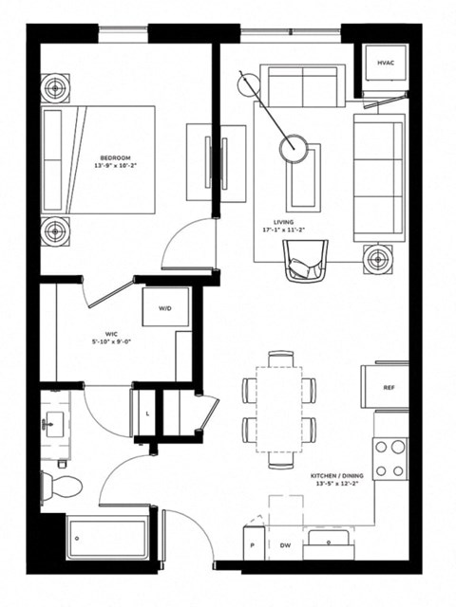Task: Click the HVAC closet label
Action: click(x=385, y=64)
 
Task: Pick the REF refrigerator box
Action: click(x=389, y=387)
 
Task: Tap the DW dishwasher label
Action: click(x=285, y=545)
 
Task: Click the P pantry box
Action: click(x=253, y=545)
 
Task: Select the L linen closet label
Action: click(x=148, y=414)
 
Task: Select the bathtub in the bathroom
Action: click(x=106, y=543)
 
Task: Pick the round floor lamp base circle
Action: click(x=293, y=148)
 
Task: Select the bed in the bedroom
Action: click(x=106, y=159)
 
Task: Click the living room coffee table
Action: click(x=303, y=177)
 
